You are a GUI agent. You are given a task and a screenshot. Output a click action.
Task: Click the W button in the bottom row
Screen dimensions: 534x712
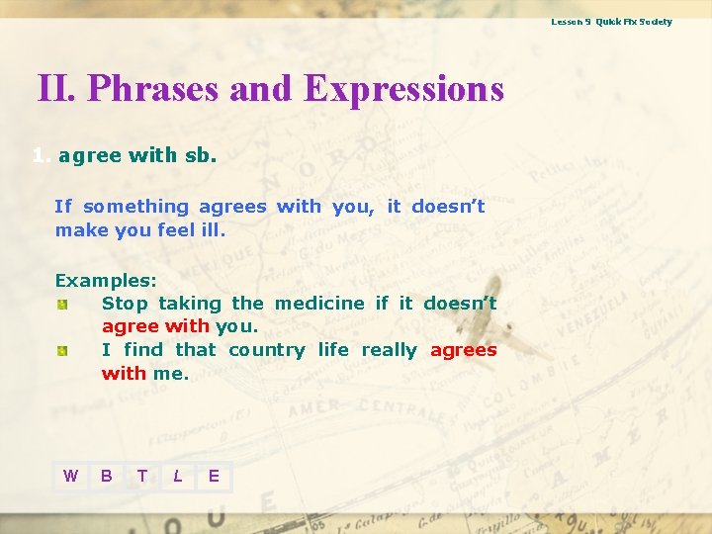pos(70,477)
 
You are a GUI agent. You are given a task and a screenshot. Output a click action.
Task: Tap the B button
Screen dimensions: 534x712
pos(106,477)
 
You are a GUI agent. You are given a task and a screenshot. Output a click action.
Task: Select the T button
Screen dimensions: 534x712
pos(142,477)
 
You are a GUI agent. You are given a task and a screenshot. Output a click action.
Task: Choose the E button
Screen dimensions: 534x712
pos(214,477)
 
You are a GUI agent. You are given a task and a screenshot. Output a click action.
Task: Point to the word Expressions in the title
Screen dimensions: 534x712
pos(403,89)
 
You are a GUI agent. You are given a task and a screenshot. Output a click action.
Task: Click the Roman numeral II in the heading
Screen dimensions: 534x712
pos(55,89)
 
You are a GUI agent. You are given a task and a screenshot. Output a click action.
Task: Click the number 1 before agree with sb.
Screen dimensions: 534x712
pos(39,155)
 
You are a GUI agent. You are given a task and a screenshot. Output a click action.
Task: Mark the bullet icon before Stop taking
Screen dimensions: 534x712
pos(61,305)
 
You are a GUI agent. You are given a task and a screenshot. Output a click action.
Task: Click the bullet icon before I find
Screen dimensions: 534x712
pos(61,351)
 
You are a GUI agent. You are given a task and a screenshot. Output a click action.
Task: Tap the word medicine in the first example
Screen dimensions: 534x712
pos(319,304)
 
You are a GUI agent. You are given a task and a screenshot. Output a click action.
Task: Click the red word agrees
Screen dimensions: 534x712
pos(463,351)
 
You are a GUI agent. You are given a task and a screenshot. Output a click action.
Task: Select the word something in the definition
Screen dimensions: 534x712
pos(135,207)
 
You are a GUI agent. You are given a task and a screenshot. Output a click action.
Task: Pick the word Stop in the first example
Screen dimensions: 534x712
pos(125,304)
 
